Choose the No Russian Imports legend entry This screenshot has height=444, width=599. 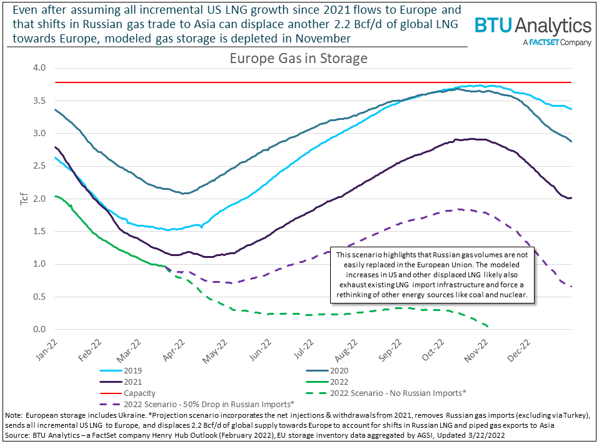coord(387,393)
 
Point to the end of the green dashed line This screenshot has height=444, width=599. coord(488,326)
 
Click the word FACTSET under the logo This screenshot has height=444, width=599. coord(543,43)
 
